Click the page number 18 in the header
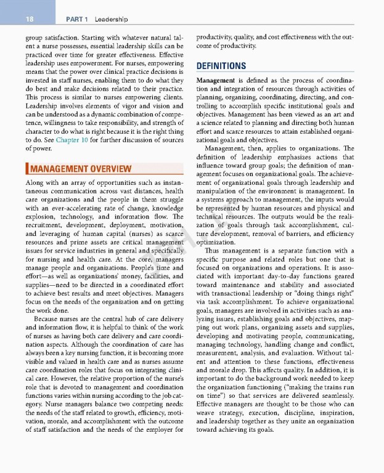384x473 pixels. tap(29, 20)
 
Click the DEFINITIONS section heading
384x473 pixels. tap(221, 66)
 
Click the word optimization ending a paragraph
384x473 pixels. tap(217, 243)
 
